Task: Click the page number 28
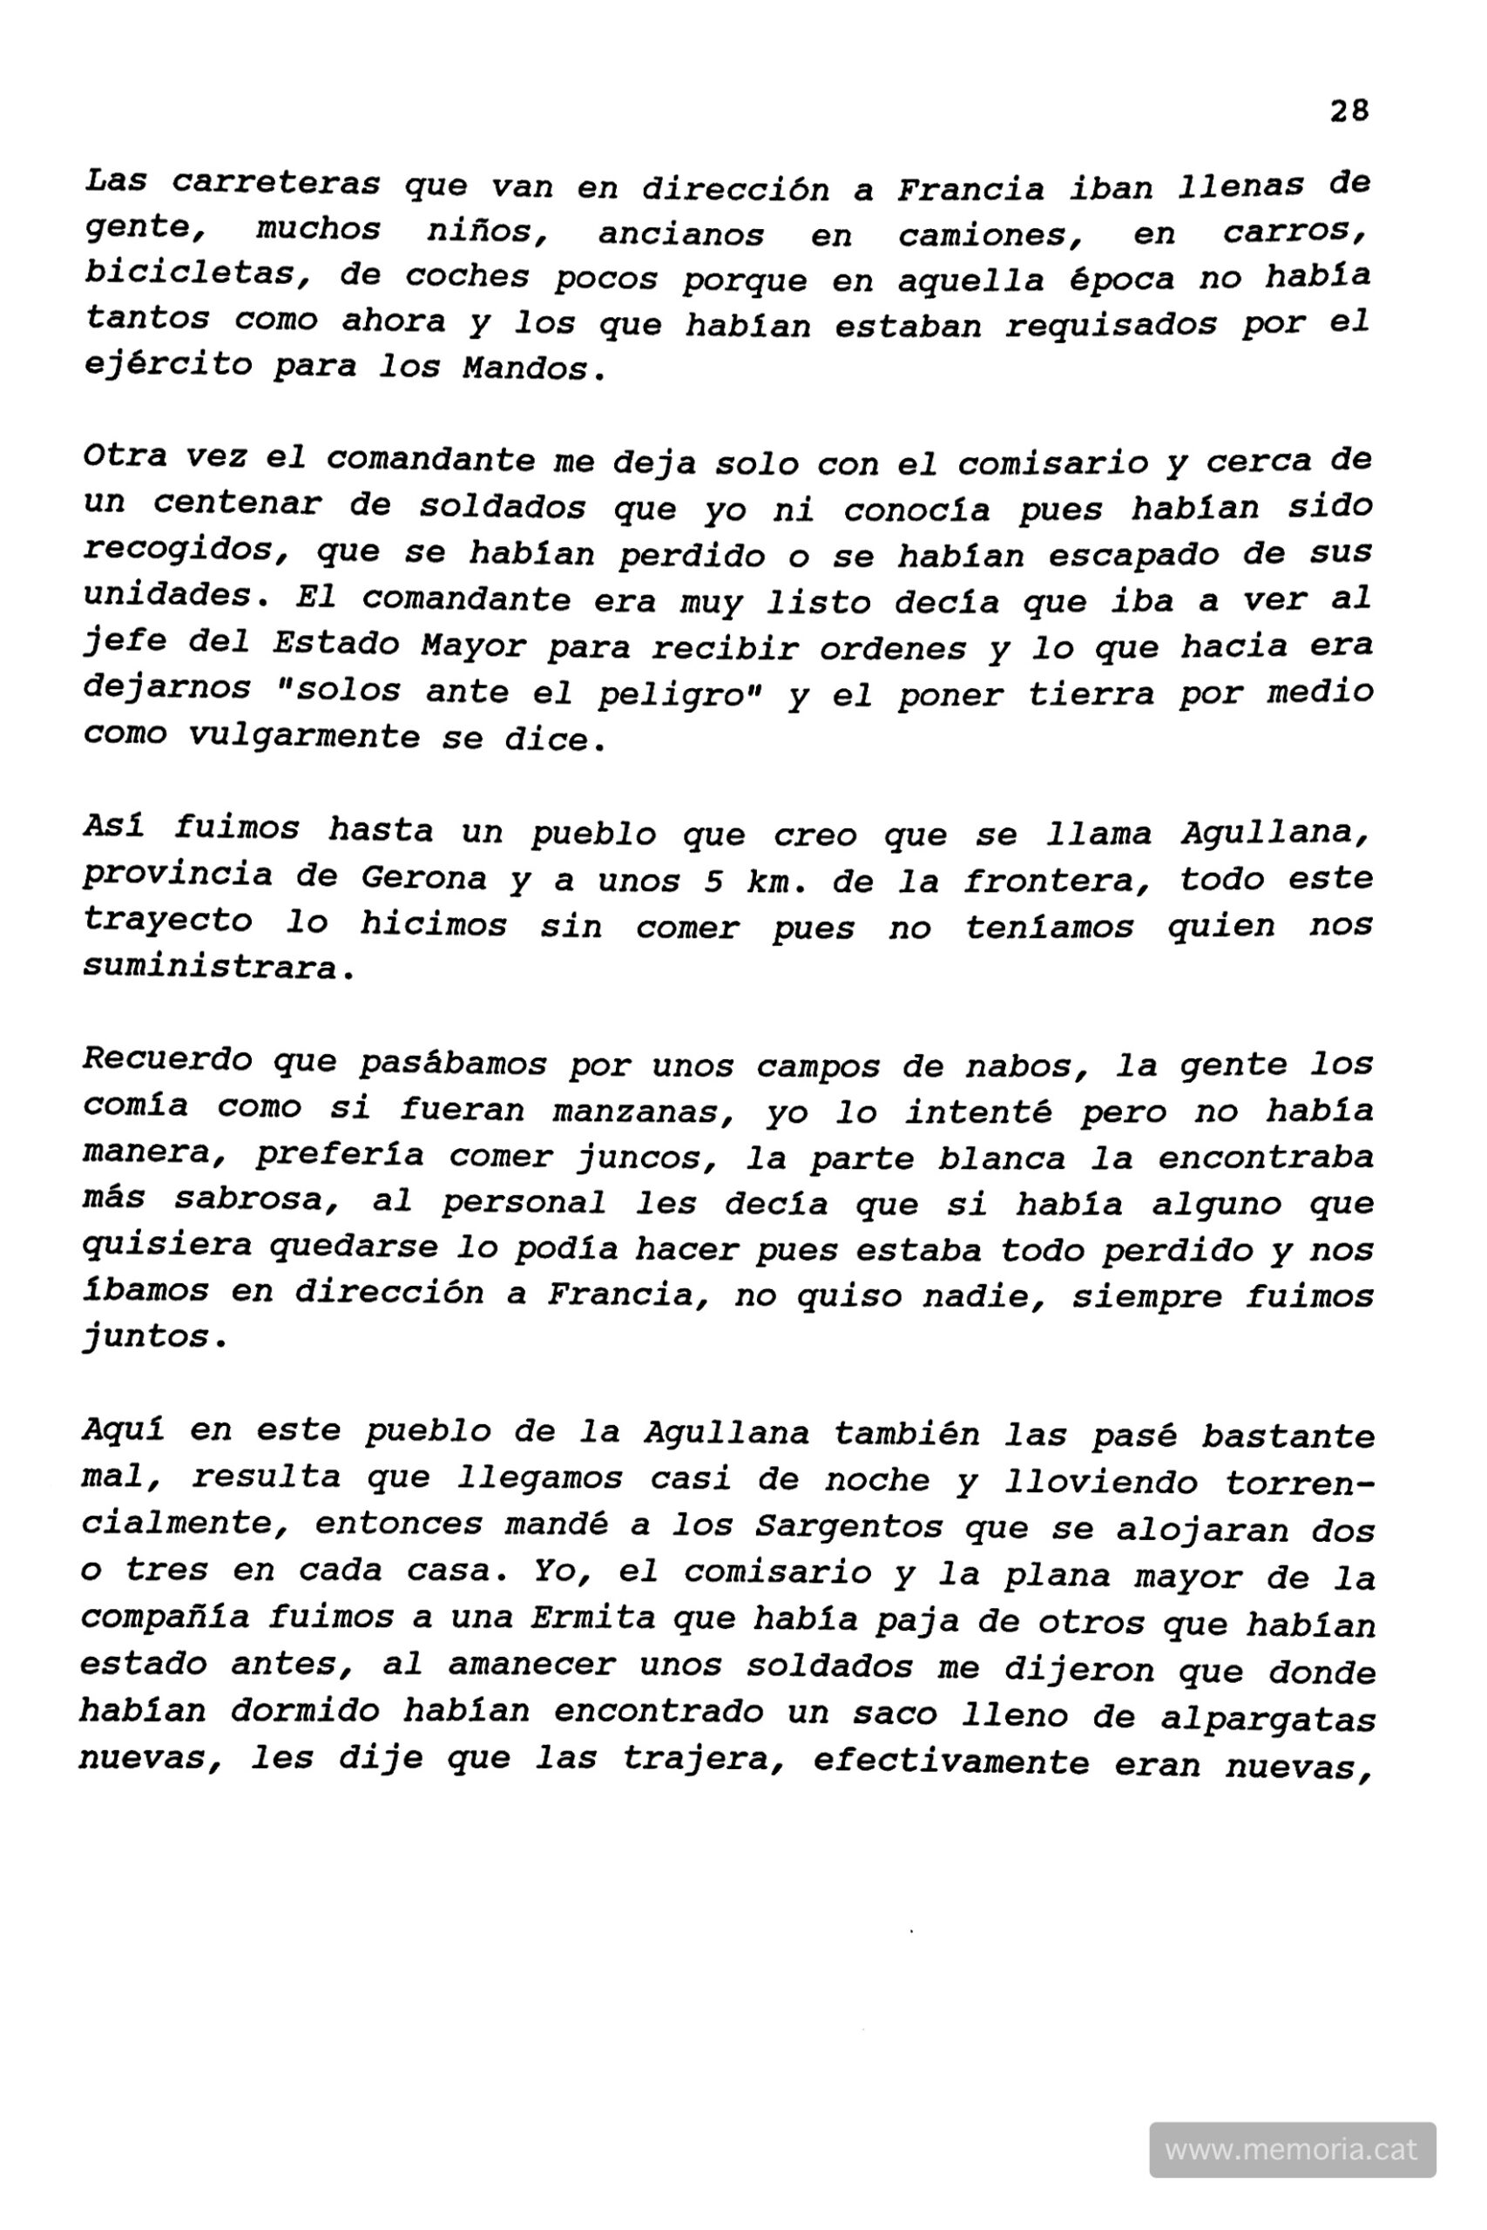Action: point(1348,111)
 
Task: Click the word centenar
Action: point(237,504)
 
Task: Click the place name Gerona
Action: point(424,879)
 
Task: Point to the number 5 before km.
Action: point(713,881)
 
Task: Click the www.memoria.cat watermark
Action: point(1291,2149)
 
